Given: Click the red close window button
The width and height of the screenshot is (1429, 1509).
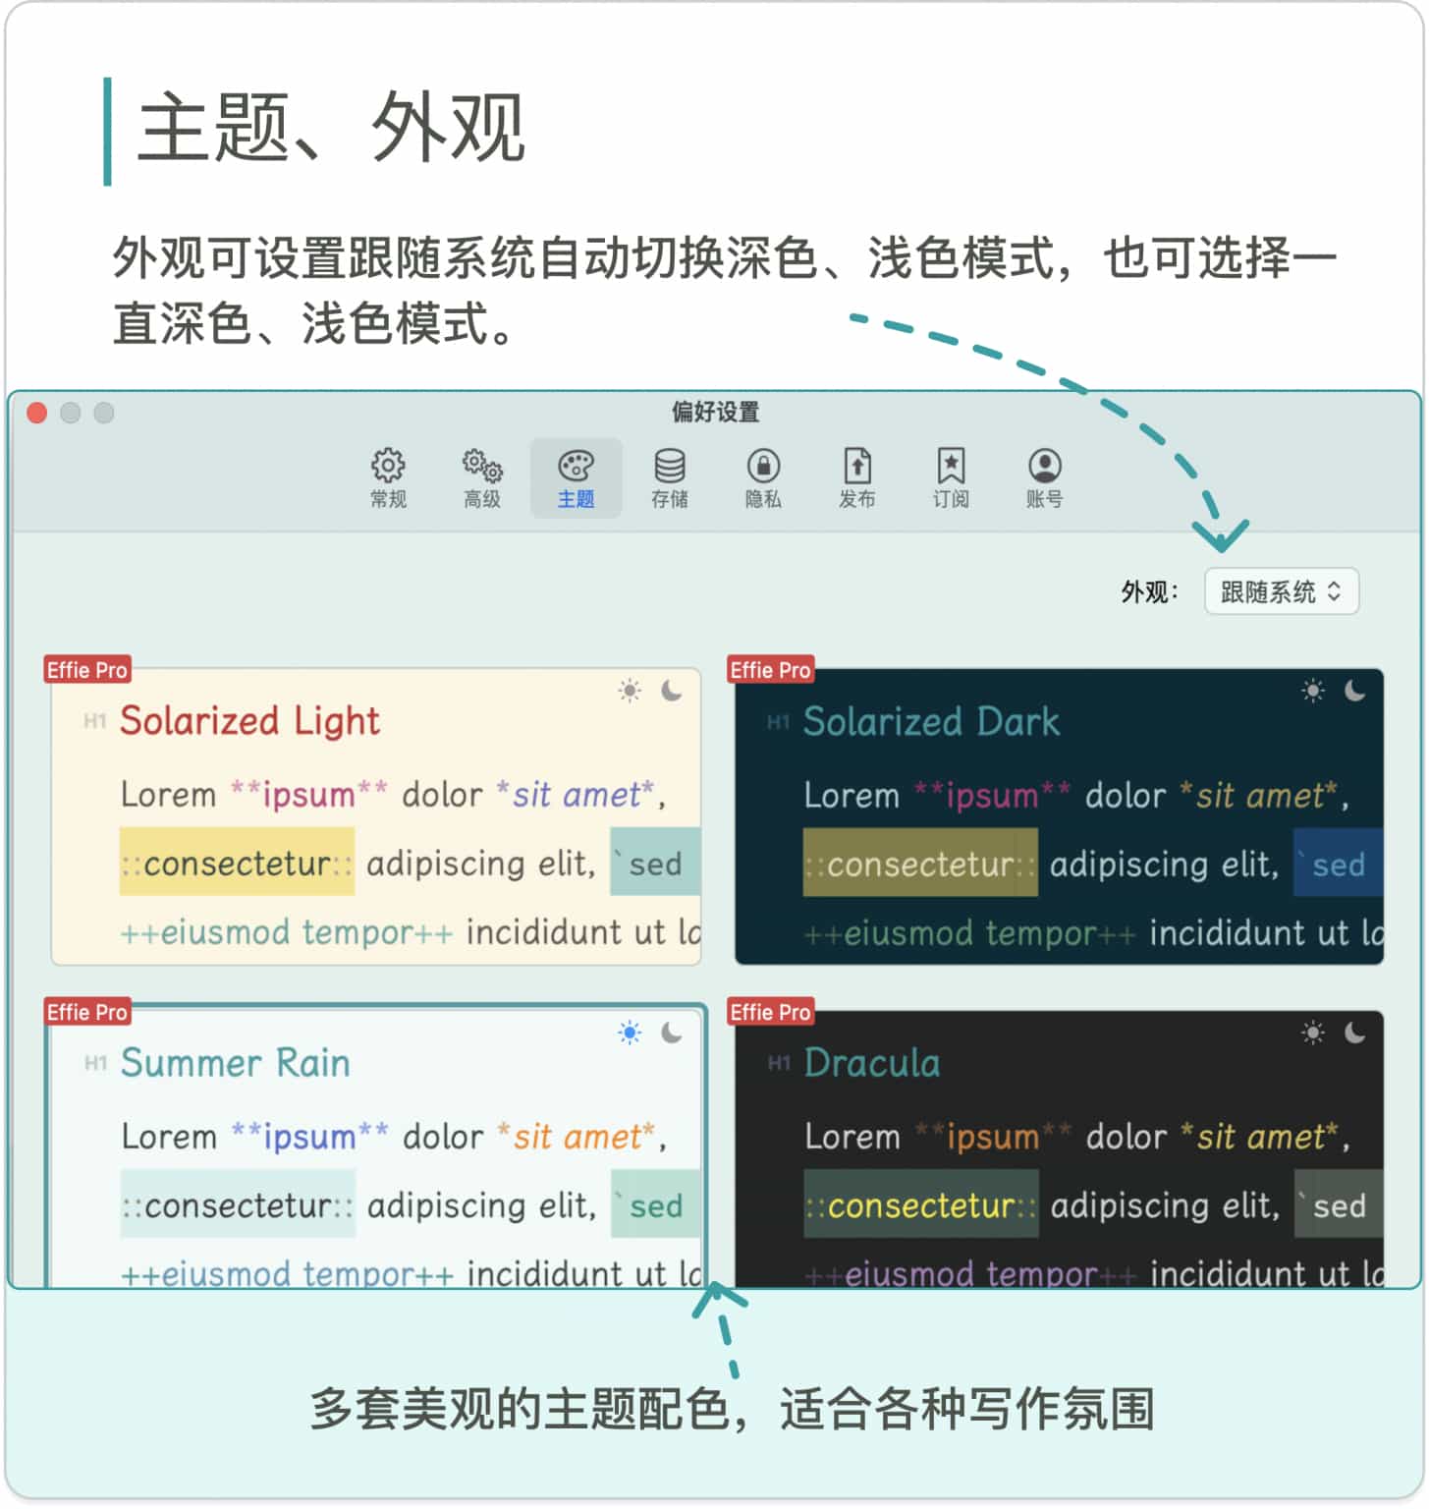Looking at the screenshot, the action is pos(37,414).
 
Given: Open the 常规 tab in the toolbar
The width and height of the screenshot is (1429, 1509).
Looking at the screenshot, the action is pos(388,478).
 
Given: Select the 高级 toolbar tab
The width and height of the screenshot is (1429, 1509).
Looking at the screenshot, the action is pos(482,478).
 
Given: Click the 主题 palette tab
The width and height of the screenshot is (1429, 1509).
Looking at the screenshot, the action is pos(576,478).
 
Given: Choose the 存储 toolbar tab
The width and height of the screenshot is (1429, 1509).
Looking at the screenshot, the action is pos(670,478).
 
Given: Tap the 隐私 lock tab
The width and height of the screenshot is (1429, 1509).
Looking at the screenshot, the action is pos(763,478).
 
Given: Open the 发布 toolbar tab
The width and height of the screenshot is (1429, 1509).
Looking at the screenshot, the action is pos(856,478).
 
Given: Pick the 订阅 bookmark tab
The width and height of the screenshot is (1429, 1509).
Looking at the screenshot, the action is pos(951,478).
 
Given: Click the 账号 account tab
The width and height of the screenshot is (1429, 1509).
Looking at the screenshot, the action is pos(1044,478).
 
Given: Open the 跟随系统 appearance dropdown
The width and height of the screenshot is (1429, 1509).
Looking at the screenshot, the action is pos(1282,591).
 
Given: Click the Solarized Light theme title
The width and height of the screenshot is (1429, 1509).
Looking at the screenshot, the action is pos(249,721).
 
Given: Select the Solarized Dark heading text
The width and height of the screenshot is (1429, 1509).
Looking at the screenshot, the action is pos(931,722).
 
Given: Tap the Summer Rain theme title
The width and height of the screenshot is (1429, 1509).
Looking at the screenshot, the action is pos(235,1063).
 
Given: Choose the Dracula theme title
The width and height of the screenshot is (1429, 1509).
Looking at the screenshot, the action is pos(871,1063).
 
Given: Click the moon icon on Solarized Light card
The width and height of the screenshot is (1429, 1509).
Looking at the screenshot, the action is pos(672,691).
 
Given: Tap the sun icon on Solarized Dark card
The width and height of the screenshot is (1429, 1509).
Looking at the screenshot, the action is pos(1312,691).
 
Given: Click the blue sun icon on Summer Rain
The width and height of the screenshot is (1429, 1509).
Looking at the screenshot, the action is pos(630,1033).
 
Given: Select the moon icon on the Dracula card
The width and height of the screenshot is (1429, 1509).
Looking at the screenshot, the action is pos(1354,1033).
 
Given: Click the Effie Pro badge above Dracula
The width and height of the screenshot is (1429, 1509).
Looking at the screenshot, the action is pos(771,1012).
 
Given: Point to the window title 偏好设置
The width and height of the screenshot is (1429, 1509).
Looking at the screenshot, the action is pos(715,412).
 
